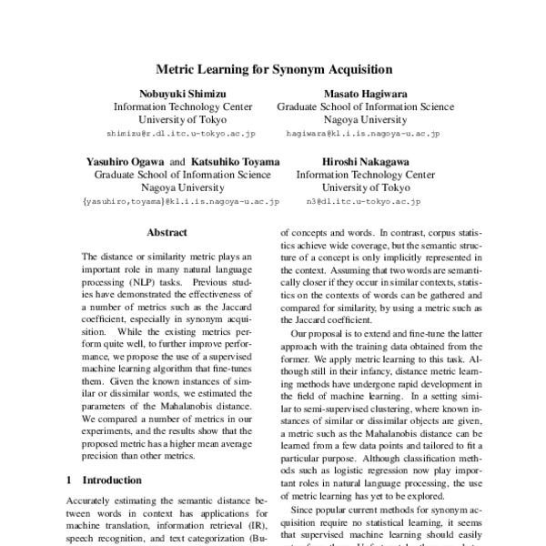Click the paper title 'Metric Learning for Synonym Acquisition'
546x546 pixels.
click(273, 68)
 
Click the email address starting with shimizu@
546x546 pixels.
click(173, 133)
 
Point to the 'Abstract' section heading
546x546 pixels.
click(167, 233)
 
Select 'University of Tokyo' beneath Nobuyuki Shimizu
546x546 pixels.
click(173, 119)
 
